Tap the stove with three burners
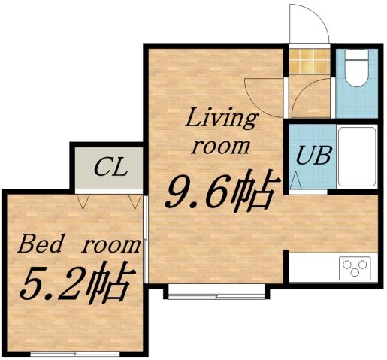pos(355,267)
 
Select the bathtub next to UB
pos(356,156)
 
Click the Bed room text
pos(79,244)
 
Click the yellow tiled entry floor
pos(310,62)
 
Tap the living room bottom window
pos(216,292)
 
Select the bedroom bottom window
pos(75,352)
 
